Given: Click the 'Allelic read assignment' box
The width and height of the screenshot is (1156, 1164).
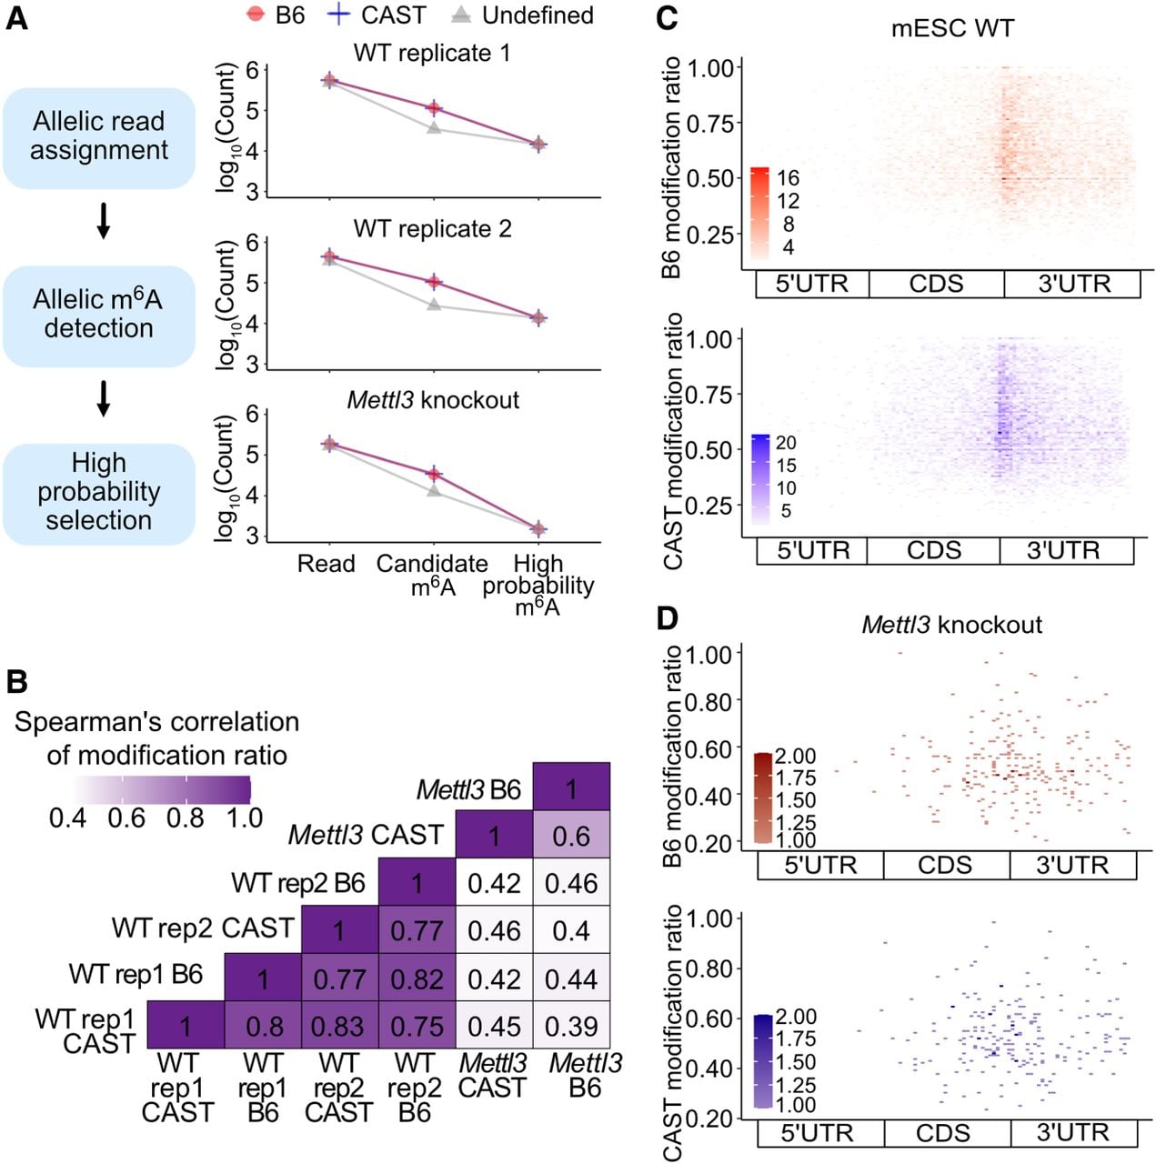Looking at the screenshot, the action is (98, 137).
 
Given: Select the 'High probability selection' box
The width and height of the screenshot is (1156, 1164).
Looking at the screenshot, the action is (98, 494).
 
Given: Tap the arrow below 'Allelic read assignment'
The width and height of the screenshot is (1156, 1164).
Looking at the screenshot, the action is (104, 220).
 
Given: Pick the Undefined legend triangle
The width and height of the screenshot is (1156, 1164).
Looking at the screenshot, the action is (461, 15).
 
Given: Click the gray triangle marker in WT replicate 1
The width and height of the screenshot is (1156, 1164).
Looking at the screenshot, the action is (433, 127).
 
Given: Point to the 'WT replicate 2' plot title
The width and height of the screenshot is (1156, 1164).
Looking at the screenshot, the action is (433, 228).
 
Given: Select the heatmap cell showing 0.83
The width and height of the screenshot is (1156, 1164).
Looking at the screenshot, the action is (339, 1026).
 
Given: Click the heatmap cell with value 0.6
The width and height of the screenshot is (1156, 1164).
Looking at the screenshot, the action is (571, 835).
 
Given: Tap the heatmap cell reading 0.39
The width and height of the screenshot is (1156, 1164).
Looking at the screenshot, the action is (571, 1026).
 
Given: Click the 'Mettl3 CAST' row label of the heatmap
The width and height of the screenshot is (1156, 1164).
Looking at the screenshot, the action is (367, 835).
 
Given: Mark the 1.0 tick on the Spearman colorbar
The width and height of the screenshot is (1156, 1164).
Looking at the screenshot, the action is (245, 818).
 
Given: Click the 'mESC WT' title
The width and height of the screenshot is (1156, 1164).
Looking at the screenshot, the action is (952, 28).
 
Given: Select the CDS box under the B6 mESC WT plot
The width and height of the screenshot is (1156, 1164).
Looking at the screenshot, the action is (937, 284).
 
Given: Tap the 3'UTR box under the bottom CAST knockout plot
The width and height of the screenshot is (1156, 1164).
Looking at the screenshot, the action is (1074, 1132).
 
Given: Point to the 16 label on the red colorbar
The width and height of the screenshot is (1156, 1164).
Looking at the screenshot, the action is (788, 177).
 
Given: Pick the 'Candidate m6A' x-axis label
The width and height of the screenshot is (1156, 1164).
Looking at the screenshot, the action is (432, 575).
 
